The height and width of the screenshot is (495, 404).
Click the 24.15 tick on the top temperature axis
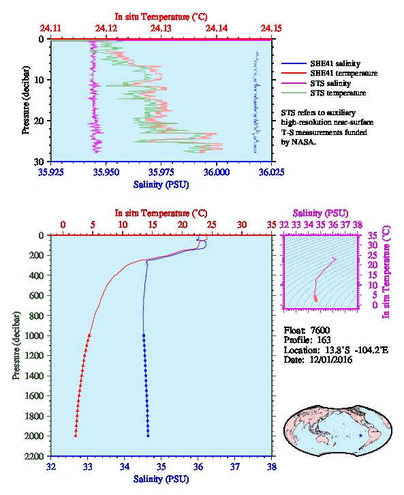[271, 29]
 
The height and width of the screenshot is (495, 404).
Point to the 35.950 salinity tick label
[106, 172]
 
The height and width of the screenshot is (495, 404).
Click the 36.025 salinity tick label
[271, 172]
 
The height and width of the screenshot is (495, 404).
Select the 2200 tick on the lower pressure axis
[34, 456]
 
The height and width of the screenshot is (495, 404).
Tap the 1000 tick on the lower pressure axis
[34, 335]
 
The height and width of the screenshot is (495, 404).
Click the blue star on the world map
[360, 436]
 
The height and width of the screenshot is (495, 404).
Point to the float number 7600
[320, 330]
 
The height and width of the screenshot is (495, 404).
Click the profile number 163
[323, 340]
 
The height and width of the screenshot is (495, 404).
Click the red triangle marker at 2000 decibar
[76, 436]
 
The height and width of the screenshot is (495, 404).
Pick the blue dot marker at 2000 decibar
[148, 436]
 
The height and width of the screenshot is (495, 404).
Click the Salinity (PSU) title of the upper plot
[161, 184]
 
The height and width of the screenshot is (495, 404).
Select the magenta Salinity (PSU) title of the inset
[320, 213]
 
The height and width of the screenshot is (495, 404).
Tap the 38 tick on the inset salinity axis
[357, 225]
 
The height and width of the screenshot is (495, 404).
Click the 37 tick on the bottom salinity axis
[234, 466]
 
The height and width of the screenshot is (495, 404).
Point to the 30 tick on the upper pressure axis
[39, 162]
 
